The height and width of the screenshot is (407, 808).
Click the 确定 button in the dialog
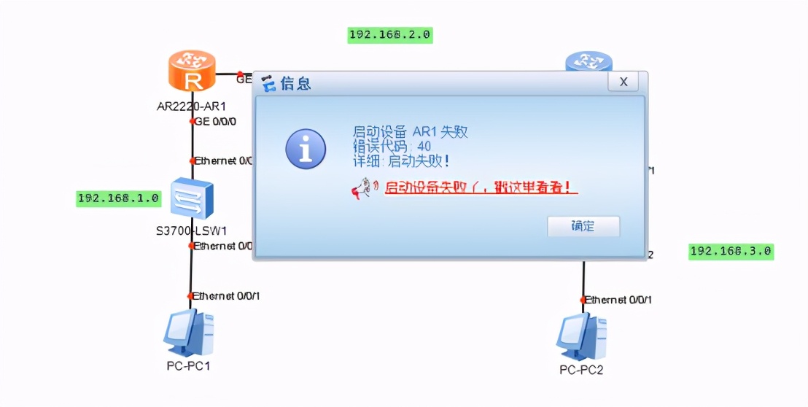click(x=583, y=226)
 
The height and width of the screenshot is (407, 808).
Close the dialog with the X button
click(x=623, y=82)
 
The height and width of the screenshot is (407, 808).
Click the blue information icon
click(x=306, y=149)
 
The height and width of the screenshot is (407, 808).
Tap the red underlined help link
click(x=481, y=188)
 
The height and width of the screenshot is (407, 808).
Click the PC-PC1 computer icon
click(x=188, y=333)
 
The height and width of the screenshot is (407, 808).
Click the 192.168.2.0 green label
click(x=390, y=34)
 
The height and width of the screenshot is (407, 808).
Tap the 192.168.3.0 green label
click(x=731, y=252)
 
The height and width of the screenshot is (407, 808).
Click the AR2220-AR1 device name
click(x=191, y=106)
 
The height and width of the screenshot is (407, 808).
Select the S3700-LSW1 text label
click(x=192, y=231)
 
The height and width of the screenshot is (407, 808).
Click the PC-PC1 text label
click(x=188, y=365)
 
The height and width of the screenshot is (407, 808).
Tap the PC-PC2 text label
click(x=581, y=370)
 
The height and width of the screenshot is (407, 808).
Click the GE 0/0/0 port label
click(x=215, y=121)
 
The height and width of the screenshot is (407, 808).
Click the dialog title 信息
click(x=295, y=83)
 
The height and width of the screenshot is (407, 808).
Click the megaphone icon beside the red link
click(x=362, y=189)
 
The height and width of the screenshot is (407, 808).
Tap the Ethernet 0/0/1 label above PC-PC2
click(x=619, y=300)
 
